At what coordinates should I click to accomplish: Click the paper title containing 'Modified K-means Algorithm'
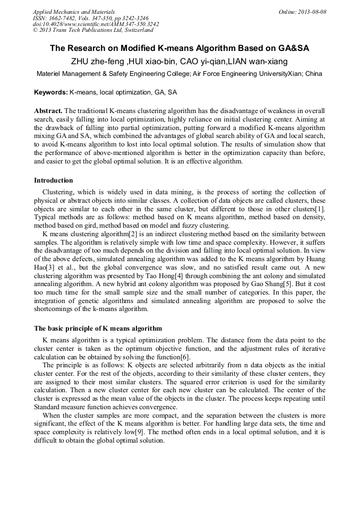(179, 48)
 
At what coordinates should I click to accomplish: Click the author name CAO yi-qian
(202, 61)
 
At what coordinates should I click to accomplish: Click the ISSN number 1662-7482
(63, 18)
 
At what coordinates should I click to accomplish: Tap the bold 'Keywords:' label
(51, 92)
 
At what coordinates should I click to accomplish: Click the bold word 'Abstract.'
(48, 110)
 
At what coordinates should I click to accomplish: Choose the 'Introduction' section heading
(54, 180)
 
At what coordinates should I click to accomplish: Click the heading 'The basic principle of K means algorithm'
(98, 329)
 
